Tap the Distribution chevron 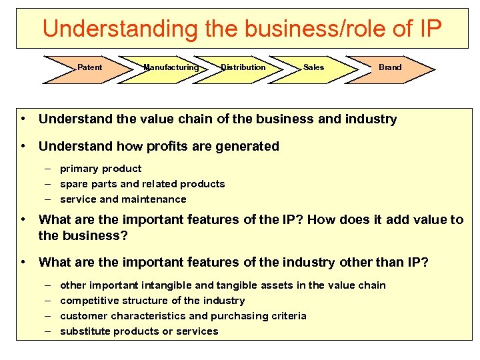click(x=243, y=67)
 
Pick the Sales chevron click(x=313, y=67)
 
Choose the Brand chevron click(x=390, y=67)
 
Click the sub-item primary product click(x=101, y=169)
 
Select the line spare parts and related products click(x=142, y=184)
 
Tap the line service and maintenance click(x=123, y=199)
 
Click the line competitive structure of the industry click(x=152, y=301)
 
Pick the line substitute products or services click(x=139, y=331)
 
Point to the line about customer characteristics click(x=183, y=316)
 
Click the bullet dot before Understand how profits click(x=23, y=146)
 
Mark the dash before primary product click(x=49, y=169)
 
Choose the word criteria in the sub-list click(x=289, y=316)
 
